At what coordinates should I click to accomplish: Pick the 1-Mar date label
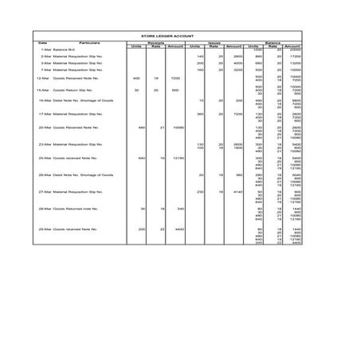click(x=46, y=49)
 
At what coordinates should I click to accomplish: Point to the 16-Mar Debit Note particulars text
click(x=76, y=101)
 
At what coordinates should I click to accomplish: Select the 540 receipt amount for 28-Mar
click(x=179, y=209)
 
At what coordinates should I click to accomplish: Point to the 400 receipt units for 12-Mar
click(x=137, y=79)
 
